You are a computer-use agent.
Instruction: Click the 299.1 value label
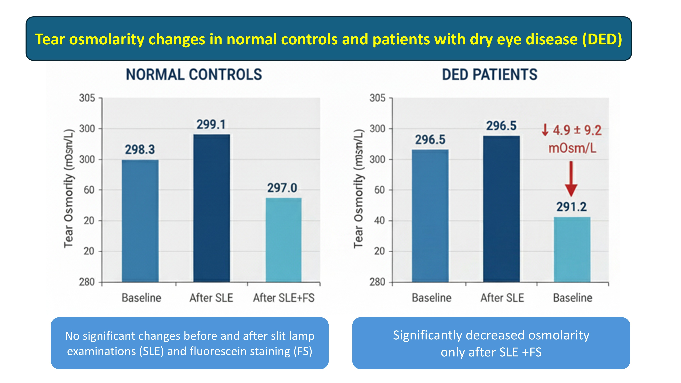point(211,124)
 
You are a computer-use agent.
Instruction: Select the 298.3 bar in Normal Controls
point(140,221)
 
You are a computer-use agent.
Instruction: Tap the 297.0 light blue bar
point(283,240)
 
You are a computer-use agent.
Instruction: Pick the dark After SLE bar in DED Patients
point(501,209)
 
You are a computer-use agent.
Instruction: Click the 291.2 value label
point(571,207)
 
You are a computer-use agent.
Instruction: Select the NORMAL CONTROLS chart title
point(194,75)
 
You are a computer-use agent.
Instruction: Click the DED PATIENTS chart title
point(490,75)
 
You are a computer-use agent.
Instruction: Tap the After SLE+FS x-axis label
point(284,298)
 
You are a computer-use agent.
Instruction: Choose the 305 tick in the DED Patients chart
point(377,98)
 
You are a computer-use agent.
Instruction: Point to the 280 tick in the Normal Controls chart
point(87,282)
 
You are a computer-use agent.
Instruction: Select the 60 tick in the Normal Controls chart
point(89,190)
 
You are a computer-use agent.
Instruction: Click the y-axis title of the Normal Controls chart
point(68,188)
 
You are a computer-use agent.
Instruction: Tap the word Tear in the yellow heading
point(50,39)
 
